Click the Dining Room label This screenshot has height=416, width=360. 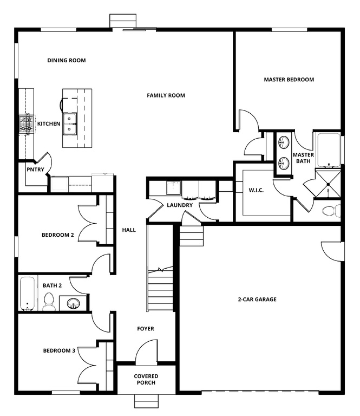pos(67,61)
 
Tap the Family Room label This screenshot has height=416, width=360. pos(166,96)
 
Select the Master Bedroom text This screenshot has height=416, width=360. pos(289,80)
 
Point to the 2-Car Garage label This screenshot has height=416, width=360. pos(257,300)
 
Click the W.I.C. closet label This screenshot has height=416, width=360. pos(256,191)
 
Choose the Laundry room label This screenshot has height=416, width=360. pos(180,205)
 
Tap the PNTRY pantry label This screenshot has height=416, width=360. pos(35,169)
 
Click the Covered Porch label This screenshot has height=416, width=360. pos(146,380)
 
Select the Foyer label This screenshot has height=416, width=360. pos(145,329)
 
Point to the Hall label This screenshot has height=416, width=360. pos(129,230)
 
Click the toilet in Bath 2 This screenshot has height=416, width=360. pos(49,301)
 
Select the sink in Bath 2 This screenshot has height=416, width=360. pos(73,304)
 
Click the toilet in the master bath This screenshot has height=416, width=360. pos(330,211)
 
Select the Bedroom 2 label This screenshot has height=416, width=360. pos(58,235)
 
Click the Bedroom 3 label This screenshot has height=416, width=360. pos(59,350)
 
